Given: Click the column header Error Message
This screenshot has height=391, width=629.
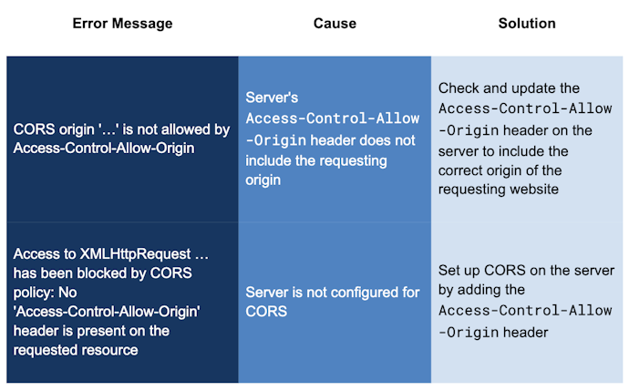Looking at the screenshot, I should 122,24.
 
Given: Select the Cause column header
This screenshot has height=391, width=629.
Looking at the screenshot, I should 334,24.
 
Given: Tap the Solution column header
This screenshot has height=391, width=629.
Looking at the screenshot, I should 526,24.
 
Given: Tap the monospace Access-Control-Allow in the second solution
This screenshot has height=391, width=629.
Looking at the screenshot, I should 525,312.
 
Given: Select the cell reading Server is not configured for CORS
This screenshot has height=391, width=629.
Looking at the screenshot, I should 334,303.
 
